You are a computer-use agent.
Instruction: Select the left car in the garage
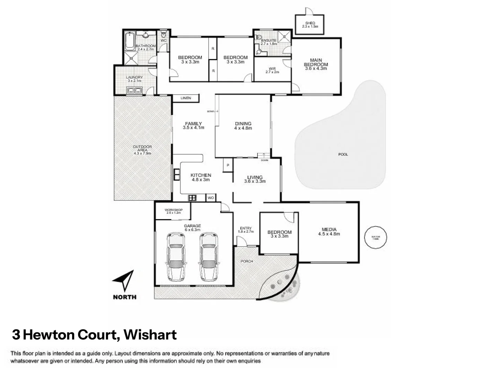coord(176,257)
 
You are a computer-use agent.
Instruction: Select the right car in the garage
coord(209,257)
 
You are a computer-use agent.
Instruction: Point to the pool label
coord(343,154)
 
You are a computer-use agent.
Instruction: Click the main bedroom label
coord(316,64)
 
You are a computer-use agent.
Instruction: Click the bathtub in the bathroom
coord(130,41)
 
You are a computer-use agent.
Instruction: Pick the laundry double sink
coord(134,91)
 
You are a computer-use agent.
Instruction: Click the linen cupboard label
coord(186,98)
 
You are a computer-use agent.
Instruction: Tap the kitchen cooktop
coord(192,198)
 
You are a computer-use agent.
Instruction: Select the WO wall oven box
coord(211,198)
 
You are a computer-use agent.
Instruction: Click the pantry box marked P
coord(228,166)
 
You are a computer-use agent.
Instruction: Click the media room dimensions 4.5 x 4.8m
coord(329,234)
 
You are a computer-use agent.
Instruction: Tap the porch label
coord(247,261)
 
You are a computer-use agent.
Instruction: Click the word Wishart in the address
coord(150,335)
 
